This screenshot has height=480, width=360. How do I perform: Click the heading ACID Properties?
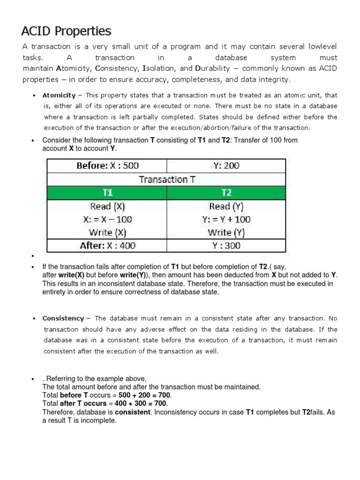(66, 31)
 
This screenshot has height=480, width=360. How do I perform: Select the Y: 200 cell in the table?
(226, 165)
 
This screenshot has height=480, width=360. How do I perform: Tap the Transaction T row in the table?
(166, 179)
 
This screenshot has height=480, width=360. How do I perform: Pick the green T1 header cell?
(107, 193)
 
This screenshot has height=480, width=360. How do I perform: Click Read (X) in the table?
(107, 206)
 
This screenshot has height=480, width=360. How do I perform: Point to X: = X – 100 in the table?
(107, 219)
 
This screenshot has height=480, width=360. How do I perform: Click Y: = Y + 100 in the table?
(226, 219)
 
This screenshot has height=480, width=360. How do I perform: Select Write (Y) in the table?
(226, 232)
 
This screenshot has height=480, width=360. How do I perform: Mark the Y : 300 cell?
(226, 246)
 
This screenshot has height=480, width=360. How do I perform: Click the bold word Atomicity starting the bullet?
(59, 95)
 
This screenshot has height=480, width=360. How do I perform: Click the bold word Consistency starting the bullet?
(63, 318)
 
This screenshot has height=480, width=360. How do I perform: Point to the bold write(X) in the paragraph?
(71, 275)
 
